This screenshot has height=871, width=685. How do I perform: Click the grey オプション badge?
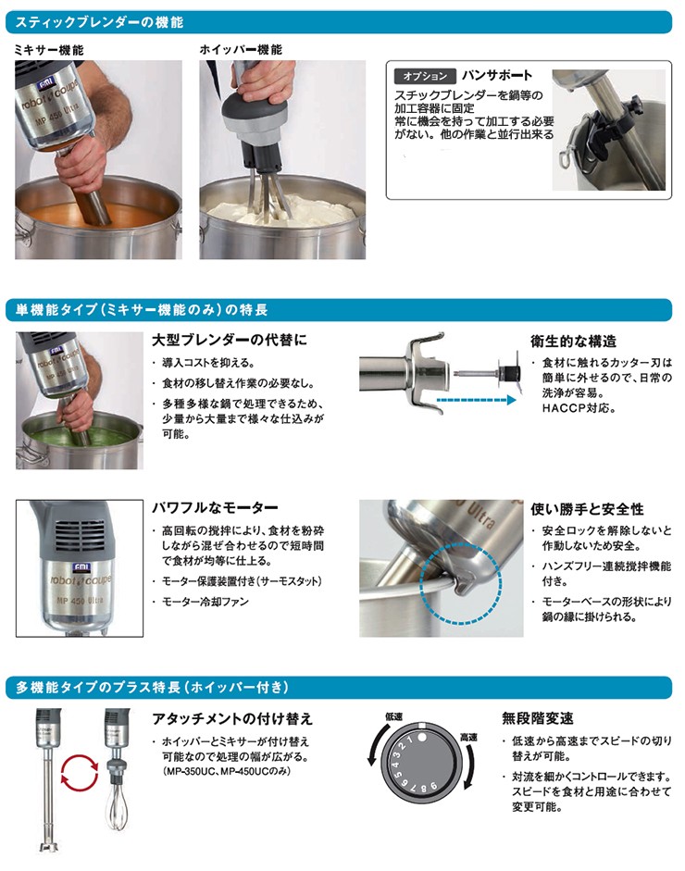(x=424, y=77)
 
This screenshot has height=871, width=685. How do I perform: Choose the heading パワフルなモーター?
(x=215, y=508)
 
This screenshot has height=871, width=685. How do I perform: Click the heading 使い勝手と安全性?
(x=587, y=509)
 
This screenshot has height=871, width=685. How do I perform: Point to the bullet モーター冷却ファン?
(x=205, y=602)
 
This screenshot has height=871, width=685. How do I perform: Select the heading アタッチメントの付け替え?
(x=232, y=718)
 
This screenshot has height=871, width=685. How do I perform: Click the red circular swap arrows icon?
(x=80, y=771)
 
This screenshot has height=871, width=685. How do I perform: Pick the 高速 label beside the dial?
(x=469, y=737)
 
